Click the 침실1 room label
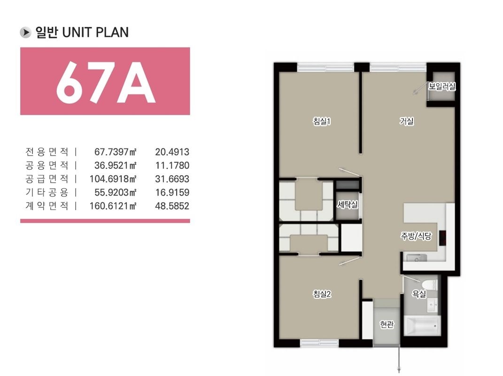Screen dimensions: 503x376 (x=322, y=121)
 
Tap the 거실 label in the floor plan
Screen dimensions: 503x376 (x=406, y=121)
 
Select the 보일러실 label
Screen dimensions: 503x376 (x=442, y=86)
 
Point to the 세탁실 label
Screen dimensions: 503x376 (x=348, y=204)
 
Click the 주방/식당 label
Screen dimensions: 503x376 (x=416, y=236)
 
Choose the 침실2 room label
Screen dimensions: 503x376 (x=322, y=294)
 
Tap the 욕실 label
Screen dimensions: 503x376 (x=419, y=293)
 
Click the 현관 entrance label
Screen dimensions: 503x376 (x=387, y=324)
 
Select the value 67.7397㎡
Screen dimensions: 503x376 (x=116, y=151)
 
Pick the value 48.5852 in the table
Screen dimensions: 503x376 (x=172, y=206)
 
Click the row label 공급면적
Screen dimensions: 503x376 (x=47, y=179)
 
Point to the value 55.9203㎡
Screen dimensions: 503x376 (x=116, y=192)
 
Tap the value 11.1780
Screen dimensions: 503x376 (x=172, y=165)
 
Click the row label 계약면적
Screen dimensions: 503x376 (x=47, y=205)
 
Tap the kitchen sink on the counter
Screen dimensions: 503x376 (x=417, y=258)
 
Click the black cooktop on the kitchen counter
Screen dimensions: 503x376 (x=443, y=238)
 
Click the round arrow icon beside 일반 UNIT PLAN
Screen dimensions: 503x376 (x=25, y=32)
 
